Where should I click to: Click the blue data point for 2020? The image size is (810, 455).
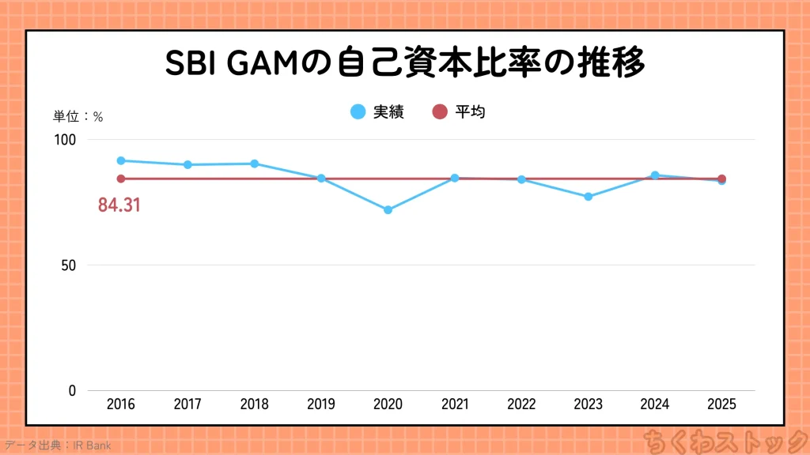(x=388, y=210)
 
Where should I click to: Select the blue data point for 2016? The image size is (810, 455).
(x=121, y=160)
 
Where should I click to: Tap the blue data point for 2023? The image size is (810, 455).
(x=588, y=197)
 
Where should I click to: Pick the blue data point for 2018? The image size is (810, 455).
(x=255, y=164)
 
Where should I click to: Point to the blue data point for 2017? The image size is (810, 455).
(x=187, y=164)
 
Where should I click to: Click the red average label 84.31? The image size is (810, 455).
(x=119, y=205)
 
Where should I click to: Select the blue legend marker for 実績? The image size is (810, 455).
(x=358, y=112)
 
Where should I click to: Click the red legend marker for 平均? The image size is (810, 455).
(x=440, y=112)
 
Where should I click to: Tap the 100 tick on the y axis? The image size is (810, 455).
(x=65, y=140)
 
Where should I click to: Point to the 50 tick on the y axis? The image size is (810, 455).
(x=69, y=265)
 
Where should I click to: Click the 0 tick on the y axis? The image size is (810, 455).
(x=72, y=391)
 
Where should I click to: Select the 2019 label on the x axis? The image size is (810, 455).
(x=321, y=404)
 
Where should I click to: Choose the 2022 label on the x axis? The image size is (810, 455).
(x=521, y=404)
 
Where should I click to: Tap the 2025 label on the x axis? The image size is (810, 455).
(x=721, y=404)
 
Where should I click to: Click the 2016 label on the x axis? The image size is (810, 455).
(x=121, y=404)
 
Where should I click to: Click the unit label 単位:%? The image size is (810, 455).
(x=78, y=116)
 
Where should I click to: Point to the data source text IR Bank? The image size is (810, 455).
(x=93, y=446)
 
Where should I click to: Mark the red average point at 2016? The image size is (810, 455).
(x=121, y=179)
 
